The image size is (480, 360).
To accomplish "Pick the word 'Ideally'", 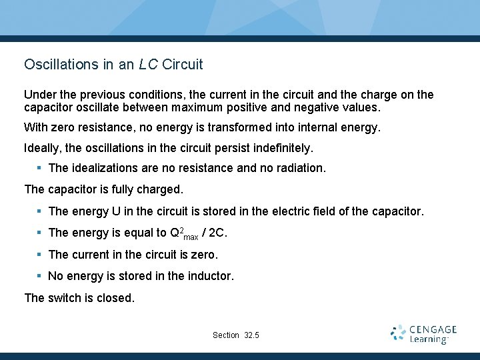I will pos(43,147).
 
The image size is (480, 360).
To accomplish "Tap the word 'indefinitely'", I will pos(279,147).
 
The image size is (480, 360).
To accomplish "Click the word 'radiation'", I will pos(299,168).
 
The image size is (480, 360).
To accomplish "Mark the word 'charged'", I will pos(160,189).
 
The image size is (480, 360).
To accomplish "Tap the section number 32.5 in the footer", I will pos(251,335).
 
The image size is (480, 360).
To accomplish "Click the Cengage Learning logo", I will pos(423,334).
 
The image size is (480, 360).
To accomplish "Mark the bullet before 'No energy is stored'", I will pos(40,276).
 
